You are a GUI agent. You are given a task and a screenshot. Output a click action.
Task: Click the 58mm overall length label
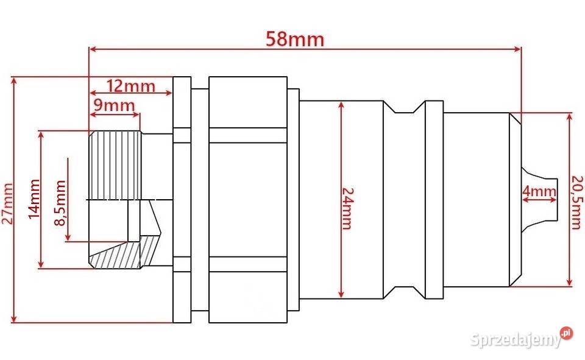click(x=295, y=39)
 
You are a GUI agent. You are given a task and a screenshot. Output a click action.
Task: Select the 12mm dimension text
click(x=130, y=86)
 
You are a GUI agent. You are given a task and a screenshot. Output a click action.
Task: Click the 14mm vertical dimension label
click(x=34, y=199)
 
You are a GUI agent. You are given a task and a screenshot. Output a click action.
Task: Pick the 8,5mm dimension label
click(x=60, y=203)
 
